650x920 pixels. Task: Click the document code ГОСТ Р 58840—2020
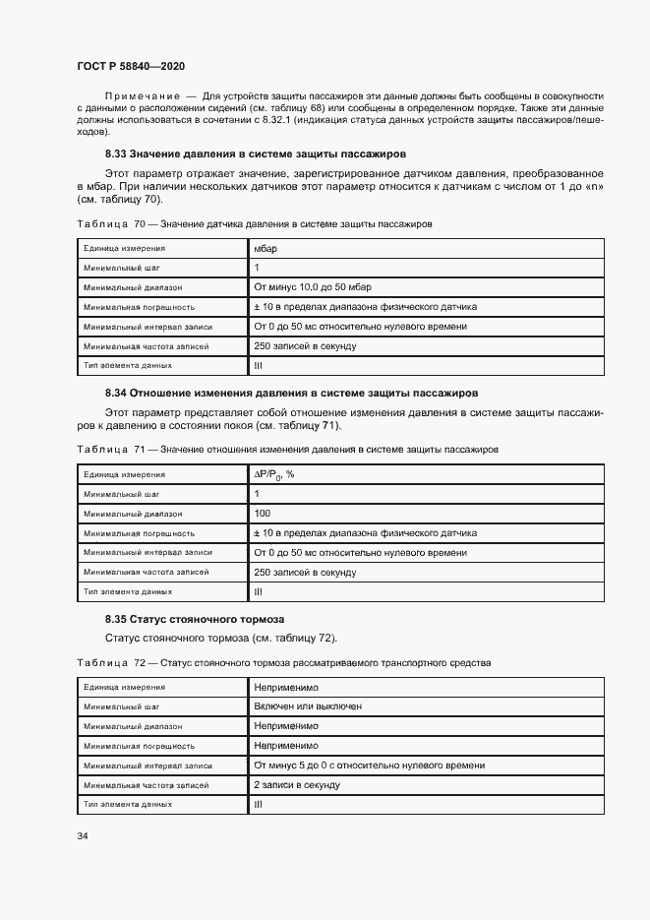130,65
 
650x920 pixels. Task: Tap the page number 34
83,836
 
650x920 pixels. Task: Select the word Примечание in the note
142,95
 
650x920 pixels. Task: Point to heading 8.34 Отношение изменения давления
291,392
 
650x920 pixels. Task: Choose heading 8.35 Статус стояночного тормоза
195,620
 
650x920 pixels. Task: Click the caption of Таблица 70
254,224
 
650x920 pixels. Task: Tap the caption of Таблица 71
287,449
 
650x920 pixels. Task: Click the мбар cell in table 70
266,249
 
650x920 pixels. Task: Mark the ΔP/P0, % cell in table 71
274,474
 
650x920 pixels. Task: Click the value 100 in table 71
263,514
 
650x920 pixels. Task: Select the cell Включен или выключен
307,706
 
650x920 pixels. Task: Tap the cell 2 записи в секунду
297,784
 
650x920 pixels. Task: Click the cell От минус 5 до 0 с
369,765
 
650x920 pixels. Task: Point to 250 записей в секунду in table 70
305,346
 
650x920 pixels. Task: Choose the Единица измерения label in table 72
124,687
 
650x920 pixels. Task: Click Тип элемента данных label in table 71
128,591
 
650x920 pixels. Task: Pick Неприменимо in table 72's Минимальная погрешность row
286,746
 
